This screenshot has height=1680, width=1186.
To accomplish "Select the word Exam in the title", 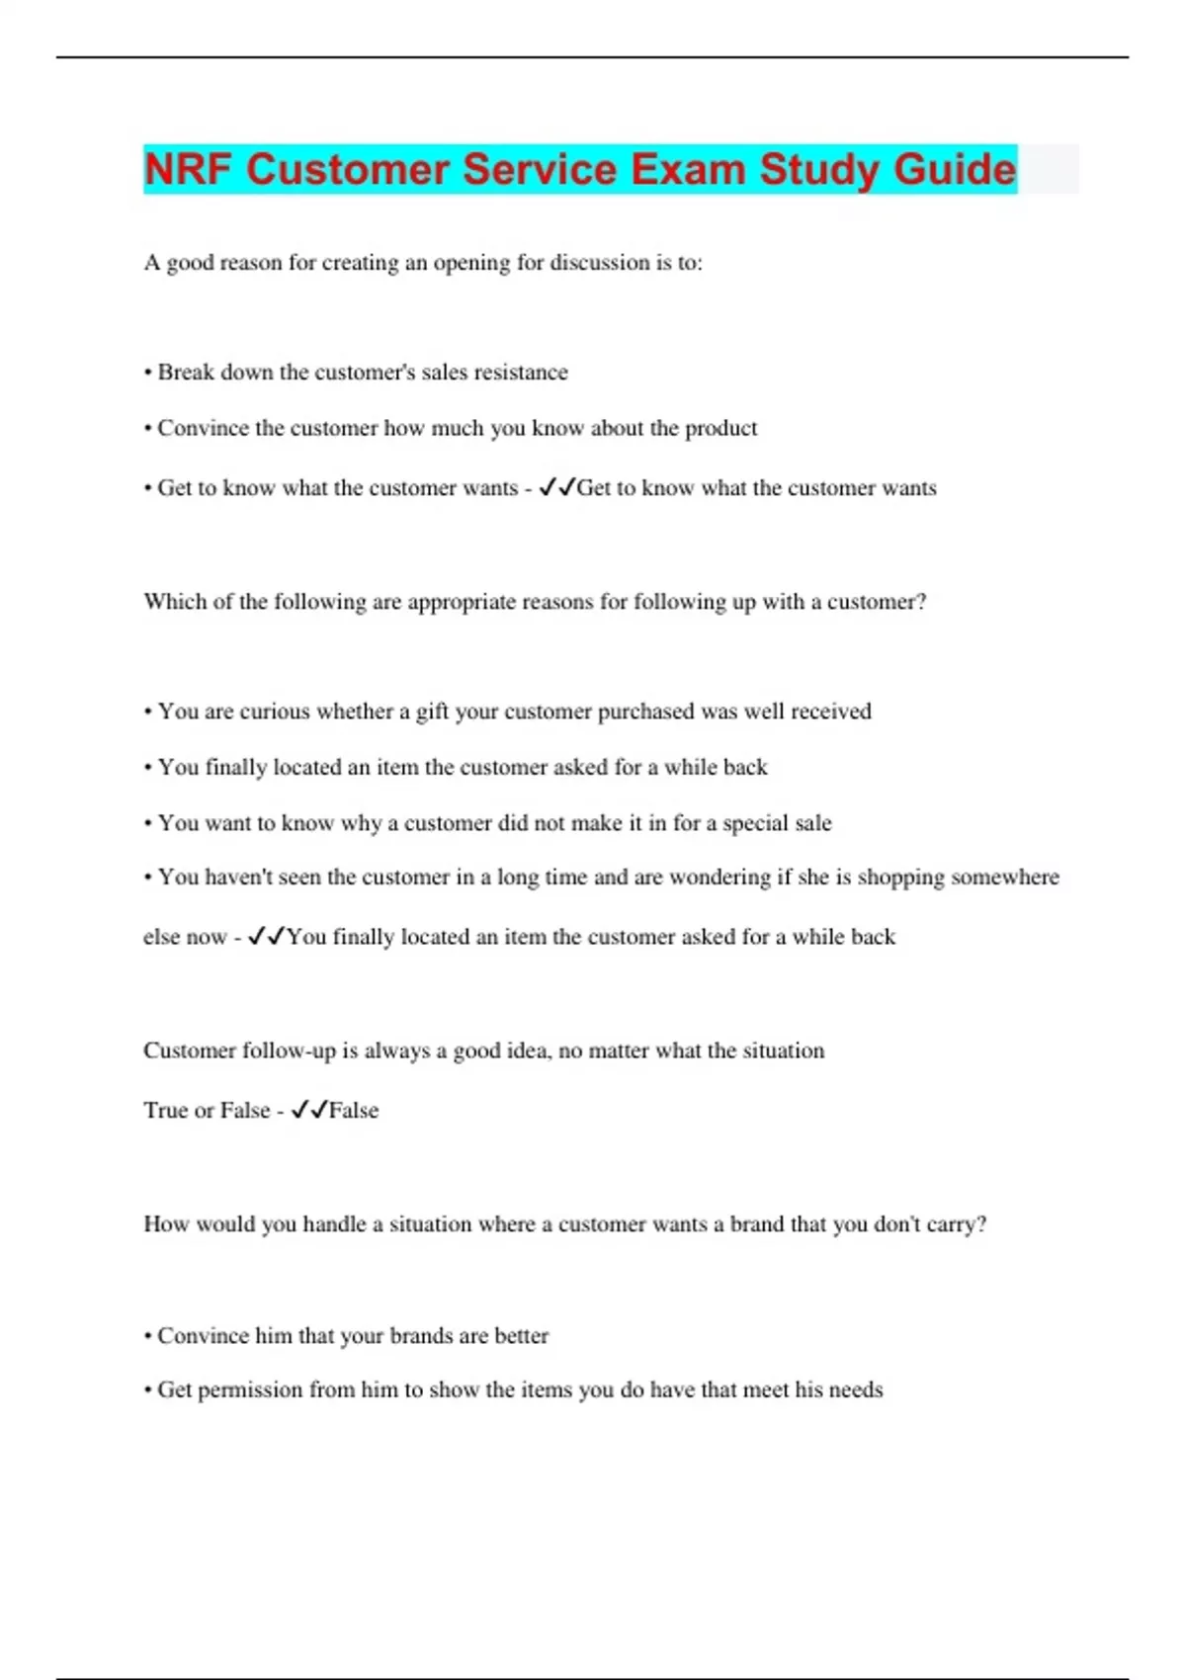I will pos(688,169).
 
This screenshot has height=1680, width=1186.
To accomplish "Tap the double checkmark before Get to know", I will pos(556,487).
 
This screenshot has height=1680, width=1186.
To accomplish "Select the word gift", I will pos(432,712).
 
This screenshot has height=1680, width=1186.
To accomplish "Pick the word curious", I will pos(275,712).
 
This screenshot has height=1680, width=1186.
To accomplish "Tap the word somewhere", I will pos(1005,878).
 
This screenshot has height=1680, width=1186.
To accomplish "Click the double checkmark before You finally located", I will pos(266,936).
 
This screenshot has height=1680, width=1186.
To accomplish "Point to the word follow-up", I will pos(290,1050).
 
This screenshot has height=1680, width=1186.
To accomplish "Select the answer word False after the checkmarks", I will pos(354,1111).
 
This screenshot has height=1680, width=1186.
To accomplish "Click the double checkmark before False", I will pos(308,1110).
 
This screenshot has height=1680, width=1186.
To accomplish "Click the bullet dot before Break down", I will pos(148,374).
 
